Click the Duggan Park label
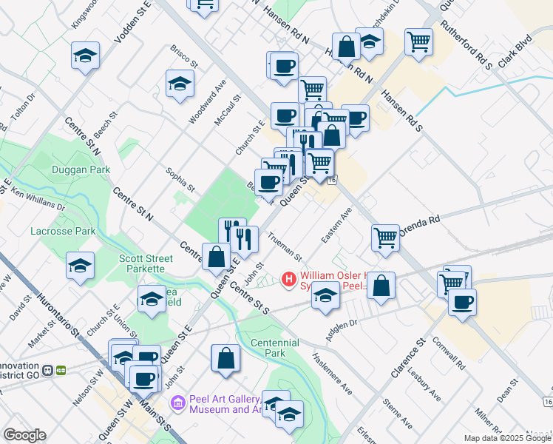point(81,169)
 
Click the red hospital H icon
point(288,280)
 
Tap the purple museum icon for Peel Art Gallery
point(177,403)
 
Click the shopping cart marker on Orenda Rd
point(385,238)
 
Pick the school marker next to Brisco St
point(179,84)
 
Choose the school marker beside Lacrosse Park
point(80,266)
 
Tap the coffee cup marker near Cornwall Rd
point(462,301)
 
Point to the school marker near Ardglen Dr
point(325,295)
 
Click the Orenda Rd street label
point(420,224)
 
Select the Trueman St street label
point(285,246)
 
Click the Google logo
point(24,435)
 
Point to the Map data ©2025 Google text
point(506,438)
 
